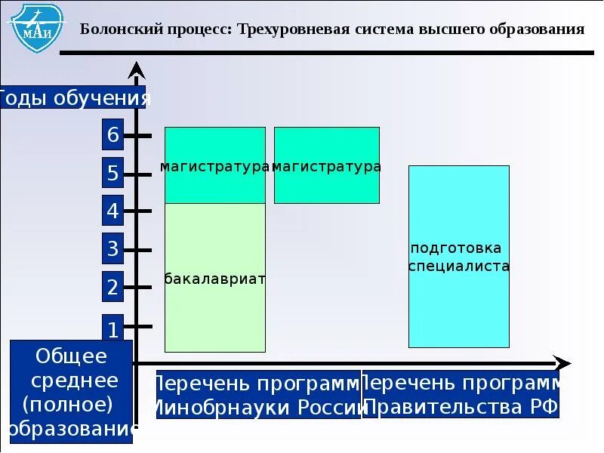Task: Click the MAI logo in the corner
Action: [35, 26]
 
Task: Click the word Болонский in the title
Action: [111, 29]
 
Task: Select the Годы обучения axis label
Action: [73, 98]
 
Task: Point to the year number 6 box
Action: [112, 136]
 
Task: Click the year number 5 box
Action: [112, 174]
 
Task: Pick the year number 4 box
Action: [112, 211]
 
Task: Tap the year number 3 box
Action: [112, 249]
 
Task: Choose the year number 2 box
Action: [112, 288]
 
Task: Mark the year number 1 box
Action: [112, 328]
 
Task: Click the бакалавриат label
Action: [215, 279]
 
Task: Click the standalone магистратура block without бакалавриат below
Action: [326, 165]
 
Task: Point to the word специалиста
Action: [459, 267]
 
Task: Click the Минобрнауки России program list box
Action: [257, 395]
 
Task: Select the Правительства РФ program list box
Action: [461, 395]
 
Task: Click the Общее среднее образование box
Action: [72, 392]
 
